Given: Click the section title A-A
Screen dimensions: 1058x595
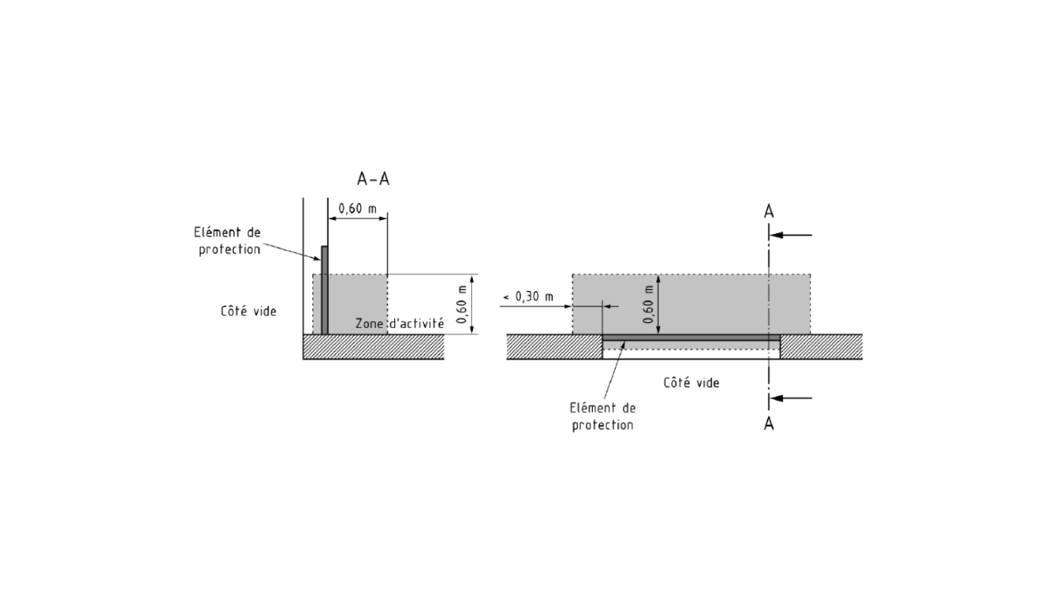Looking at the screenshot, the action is [373, 179].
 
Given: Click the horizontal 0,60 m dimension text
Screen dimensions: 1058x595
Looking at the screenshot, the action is [358, 208].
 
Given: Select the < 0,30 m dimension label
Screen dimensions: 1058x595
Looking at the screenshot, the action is [528, 297].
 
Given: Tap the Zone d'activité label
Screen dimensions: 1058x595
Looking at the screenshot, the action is [399, 323].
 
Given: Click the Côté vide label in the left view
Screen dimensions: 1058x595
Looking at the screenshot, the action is [249, 312].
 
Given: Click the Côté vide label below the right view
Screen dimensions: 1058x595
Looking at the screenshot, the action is [692, 383].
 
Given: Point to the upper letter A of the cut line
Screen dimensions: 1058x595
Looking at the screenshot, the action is [769, 212].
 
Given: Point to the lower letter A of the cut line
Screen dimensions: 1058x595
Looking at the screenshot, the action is [769, 424].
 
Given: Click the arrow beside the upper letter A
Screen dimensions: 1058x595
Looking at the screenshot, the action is [791, 235].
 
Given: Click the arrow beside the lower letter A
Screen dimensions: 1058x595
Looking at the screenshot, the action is [791, 398].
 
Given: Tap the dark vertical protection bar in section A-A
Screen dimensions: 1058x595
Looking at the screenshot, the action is [325, 290].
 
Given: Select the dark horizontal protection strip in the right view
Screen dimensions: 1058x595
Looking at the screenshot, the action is [691, 337].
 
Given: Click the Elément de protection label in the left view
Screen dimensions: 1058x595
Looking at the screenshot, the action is [228, 240].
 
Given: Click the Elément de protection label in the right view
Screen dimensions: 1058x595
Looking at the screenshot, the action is [603, 416].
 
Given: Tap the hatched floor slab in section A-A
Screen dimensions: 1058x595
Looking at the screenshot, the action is [373, 346].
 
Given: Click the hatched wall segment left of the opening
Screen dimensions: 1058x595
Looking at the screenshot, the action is [555, 346].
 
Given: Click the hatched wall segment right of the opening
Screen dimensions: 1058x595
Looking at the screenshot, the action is [822, 346].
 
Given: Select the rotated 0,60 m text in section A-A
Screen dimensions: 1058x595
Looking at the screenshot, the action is [461, 304].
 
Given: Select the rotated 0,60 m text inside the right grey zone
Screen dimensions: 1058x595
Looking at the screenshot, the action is [649, 304].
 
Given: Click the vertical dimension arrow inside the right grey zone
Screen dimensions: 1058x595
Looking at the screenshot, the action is [659, 304].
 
